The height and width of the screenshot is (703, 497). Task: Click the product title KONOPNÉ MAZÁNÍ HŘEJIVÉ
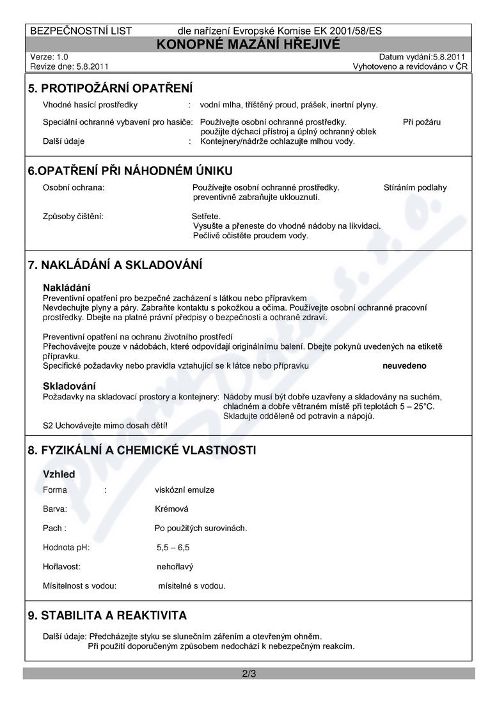point(248,43)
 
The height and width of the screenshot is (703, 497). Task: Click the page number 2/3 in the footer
point(249,674)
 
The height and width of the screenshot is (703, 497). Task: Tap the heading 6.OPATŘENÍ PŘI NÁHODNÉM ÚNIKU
point(130,171)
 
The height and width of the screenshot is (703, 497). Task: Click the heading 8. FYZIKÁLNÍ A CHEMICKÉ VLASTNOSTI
point(142,450)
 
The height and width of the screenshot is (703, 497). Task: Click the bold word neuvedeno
point(404,366)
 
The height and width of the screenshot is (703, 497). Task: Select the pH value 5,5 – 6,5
point(173,548)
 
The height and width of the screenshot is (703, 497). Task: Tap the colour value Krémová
point(172,509)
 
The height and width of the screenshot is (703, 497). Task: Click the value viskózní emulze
point(185,490)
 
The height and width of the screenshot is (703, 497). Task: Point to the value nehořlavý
point(175,567)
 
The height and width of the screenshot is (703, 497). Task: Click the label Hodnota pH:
point(67,548)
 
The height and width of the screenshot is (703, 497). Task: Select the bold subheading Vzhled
point(59,474)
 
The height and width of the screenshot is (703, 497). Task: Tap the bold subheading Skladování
point(69,386)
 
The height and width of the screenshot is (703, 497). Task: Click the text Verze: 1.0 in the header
point(49,57)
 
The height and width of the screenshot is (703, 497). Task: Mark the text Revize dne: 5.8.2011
point(69,66)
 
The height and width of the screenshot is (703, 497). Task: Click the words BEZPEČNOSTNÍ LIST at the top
point(81,31)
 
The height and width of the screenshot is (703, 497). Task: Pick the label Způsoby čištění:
point(73,216)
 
